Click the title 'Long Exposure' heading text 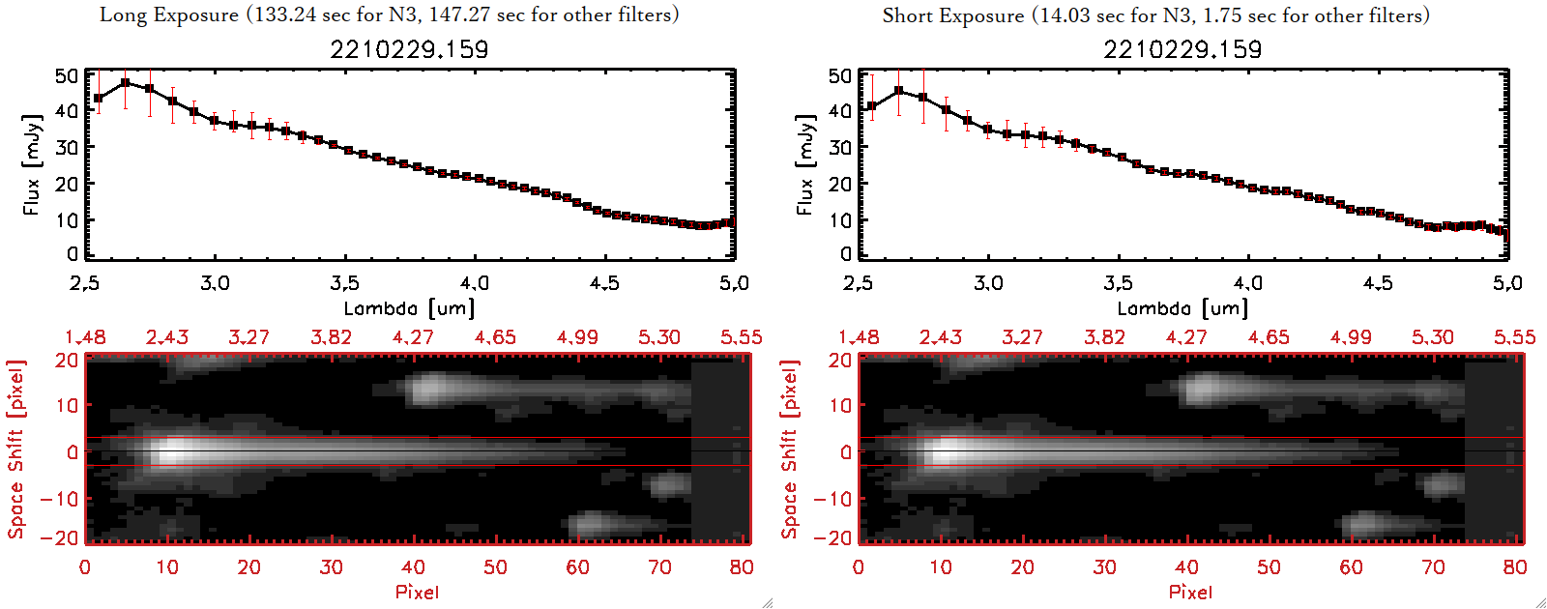[169, 14]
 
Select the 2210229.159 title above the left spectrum [409, 49]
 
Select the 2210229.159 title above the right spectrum [1182, 49]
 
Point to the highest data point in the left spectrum [126, 83]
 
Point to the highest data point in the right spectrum [899, 91]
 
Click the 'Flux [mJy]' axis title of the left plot [32, 164]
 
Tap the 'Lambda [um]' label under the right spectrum [1182, 308]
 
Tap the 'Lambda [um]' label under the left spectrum [409, 308]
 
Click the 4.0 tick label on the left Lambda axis [475, 283]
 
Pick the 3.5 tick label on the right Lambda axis [1118, 283]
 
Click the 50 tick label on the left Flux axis [67, 75]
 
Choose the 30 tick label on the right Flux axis [840, 147]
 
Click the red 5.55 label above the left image [741, 337]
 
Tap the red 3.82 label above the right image [1104, 337]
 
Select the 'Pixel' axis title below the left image [417, 592]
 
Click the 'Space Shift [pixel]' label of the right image [789, 449]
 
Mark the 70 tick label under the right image [1433, 567]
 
